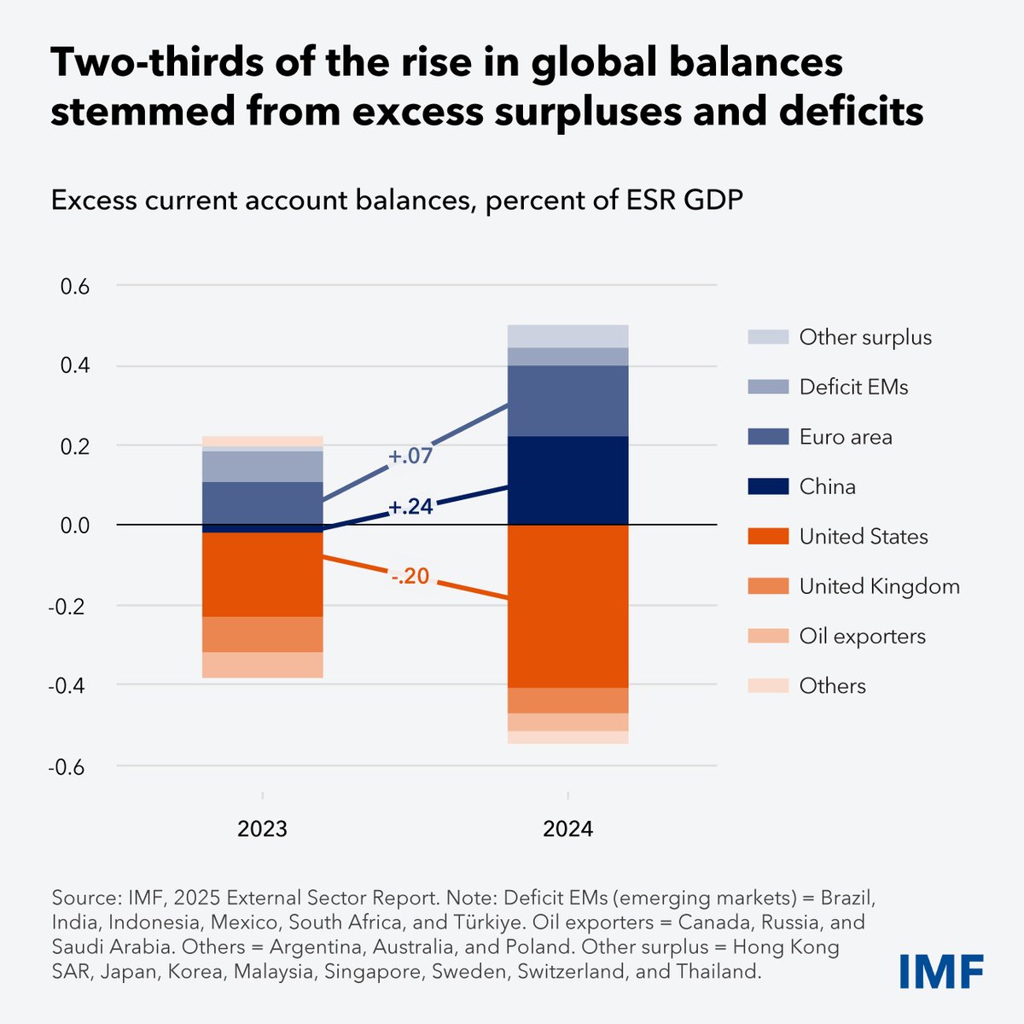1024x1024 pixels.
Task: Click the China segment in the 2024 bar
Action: (567, 480)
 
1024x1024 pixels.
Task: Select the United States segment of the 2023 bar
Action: (262, 574)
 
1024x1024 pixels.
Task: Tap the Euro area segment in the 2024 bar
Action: (567, 400)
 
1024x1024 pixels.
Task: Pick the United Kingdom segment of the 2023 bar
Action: (262, 634)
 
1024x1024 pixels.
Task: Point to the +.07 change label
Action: (410, 457)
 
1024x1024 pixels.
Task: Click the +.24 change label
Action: (410, 508)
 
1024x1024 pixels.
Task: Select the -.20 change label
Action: (410, 578)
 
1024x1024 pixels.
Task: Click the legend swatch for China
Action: (766, 487)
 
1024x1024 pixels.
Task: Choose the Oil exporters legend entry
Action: (862, 637)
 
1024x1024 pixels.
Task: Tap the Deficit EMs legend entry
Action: (853, 387)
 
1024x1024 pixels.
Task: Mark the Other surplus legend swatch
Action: (766, 338)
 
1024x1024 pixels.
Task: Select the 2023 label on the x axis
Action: (262, 829)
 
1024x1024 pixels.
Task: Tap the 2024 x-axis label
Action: (567, 829)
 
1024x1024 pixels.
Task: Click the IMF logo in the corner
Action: (941, 971)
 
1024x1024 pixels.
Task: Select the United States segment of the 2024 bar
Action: (567, 606)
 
